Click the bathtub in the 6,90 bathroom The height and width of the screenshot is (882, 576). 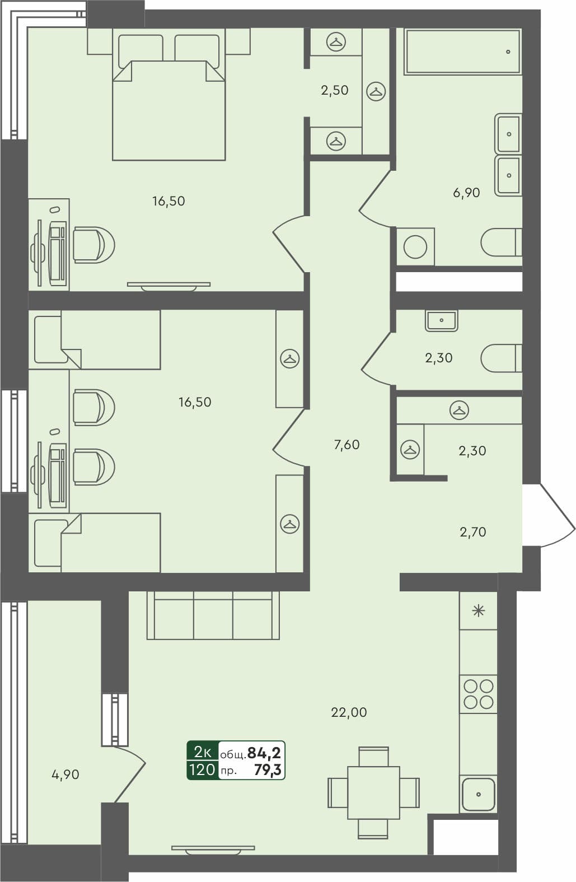[x=462, y=52]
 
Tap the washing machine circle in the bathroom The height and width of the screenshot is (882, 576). [x=415, y=247]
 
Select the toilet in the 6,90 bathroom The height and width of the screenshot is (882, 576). [x=501, y=242]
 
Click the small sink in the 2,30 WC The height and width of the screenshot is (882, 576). [x=442, y=321]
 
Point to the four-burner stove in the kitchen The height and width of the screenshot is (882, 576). [x=479, y=694]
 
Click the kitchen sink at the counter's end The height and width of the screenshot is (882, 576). [x=478, y=794]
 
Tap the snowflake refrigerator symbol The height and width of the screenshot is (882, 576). [x=479, y=610]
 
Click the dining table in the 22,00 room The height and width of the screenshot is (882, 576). [x=373, y=792]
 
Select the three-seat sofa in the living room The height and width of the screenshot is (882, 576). [x=213, y=615]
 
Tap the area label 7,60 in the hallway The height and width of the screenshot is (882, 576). [x=346, y=445]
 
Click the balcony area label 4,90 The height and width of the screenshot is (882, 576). [x=65, y=775]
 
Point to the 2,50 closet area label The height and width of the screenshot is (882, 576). [x=335, y=90]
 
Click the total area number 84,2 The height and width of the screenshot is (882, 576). [x=264, y=752]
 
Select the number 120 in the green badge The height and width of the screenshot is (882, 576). [x=202, y=770]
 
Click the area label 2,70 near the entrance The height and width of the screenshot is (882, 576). [x=473, y=532]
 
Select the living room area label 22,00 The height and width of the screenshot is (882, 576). [x=349, y=713]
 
